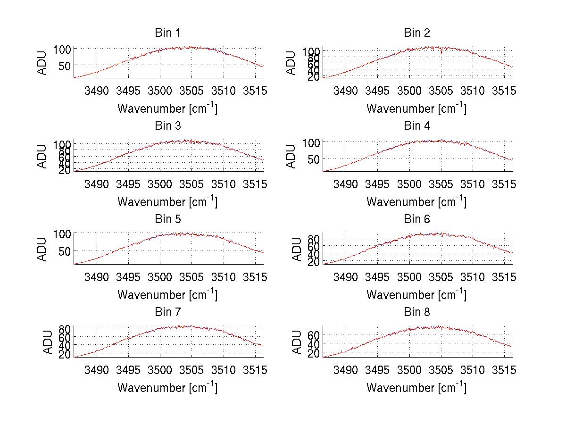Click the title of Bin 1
point(167,33)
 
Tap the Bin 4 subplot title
point(417,126)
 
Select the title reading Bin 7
point(167,312)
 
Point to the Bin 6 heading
point(417,219)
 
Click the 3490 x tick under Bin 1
point(97,91)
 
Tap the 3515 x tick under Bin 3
point(255,183)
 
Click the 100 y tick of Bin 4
point(311,142)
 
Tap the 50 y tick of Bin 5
point(65,250)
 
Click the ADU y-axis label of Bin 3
point(42,156)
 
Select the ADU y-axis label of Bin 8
point(298,342)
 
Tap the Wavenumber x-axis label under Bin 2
point(416,108)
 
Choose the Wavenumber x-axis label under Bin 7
point(167,388)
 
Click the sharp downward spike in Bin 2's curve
point(441,52)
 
